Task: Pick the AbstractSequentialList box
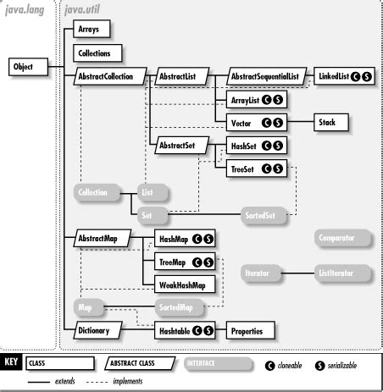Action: point(264,77)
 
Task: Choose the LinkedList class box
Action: point(342,77)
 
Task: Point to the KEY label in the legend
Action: point(11,364)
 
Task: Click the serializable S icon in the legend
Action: point(319,365)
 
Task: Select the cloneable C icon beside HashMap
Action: point(194,240)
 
